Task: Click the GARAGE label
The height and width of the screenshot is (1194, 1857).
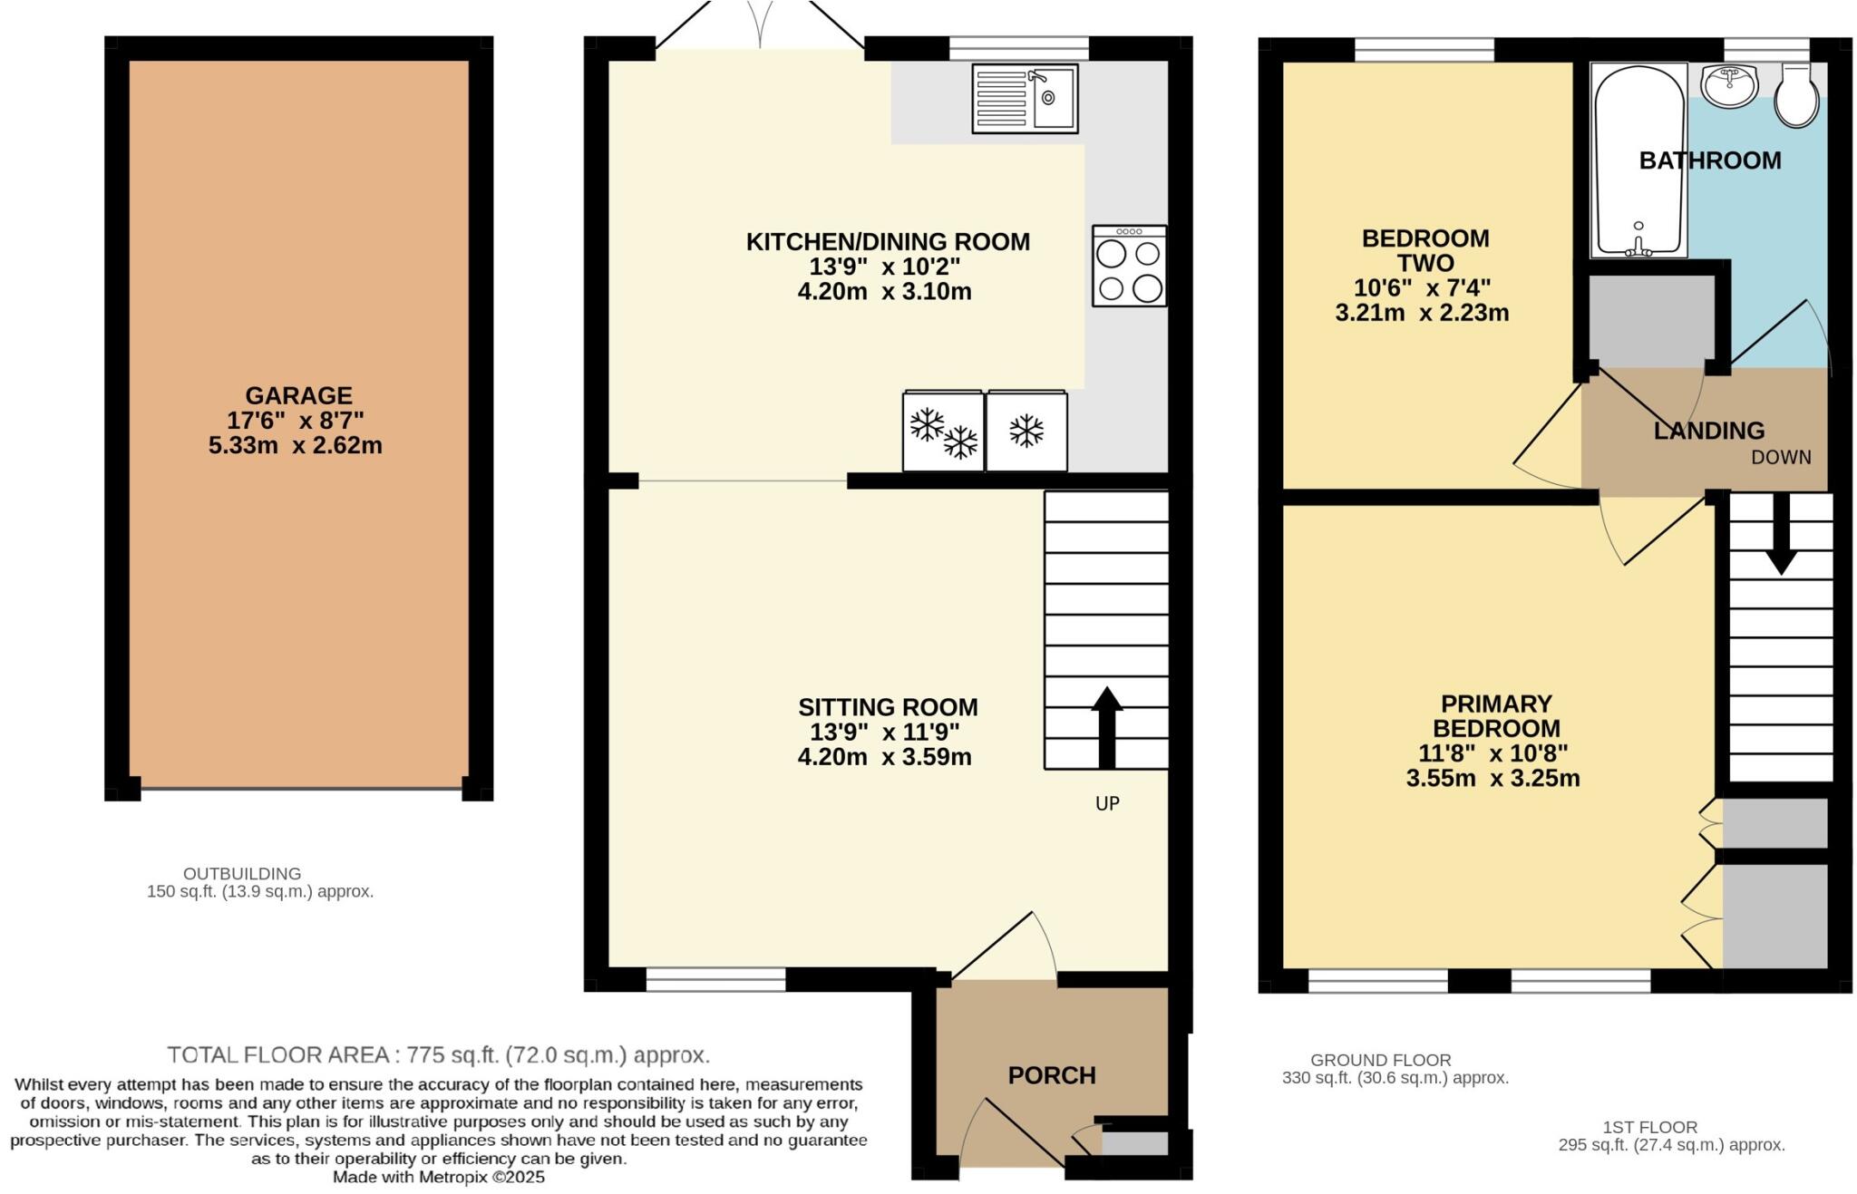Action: (x=298, y=396)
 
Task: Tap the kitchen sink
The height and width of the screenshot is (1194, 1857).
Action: (x=1025, y=99)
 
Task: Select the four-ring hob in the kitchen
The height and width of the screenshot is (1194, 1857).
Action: (x=1129, y=266)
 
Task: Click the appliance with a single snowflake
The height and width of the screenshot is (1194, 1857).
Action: (x=1026, y=432)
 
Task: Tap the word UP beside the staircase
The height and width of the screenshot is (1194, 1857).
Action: (x=1107, y=803)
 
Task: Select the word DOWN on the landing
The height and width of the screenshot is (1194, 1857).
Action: (x=1781, y=458)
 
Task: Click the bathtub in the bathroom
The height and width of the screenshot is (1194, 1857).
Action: (x=1638, y=161)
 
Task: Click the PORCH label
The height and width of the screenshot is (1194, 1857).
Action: (x=1052, y=1075)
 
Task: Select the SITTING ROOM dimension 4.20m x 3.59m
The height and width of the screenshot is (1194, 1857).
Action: (x=884, y=757)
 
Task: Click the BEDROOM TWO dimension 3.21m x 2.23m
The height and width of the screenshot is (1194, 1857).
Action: (x=1422, y=314)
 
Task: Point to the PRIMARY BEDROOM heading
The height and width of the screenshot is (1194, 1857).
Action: (x=1496, y=716)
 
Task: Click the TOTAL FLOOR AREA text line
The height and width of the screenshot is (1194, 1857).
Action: (x=439, y=1055)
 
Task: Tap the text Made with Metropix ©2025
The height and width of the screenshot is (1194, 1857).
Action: (x=439, y=1178)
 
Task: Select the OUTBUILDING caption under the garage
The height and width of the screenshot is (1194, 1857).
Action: (x=242, y=874)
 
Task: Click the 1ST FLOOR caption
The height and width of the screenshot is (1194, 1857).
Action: (x=1649, y=1127)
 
